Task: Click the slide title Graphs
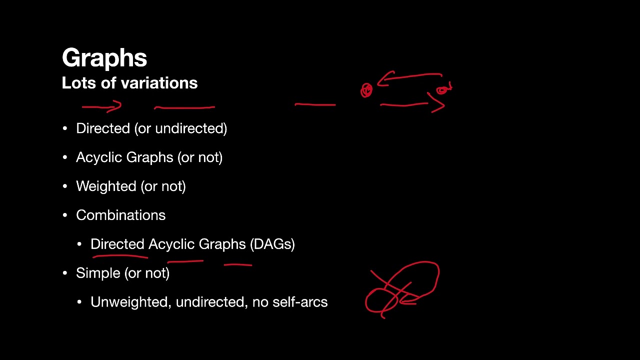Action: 104,58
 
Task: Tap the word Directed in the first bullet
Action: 103,128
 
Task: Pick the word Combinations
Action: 120,215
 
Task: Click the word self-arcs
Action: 300,302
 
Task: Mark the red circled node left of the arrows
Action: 366,90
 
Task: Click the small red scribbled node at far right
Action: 443,90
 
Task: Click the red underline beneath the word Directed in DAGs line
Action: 120,256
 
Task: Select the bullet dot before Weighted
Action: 65,186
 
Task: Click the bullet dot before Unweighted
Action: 79,302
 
